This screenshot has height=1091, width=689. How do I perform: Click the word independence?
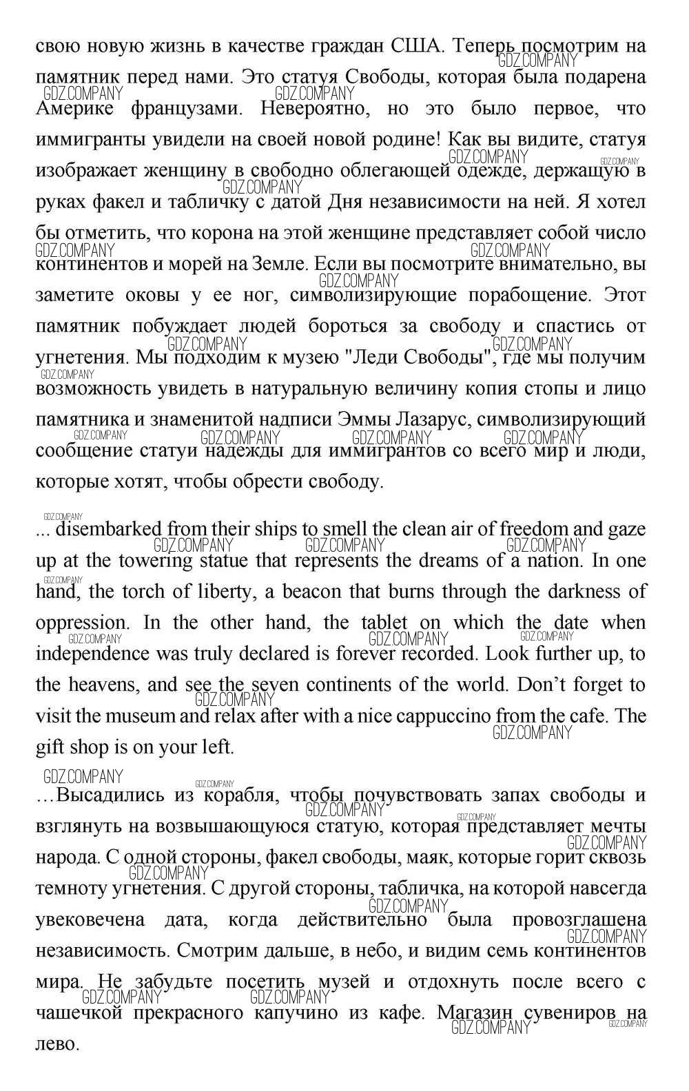(x=92, y=654)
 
